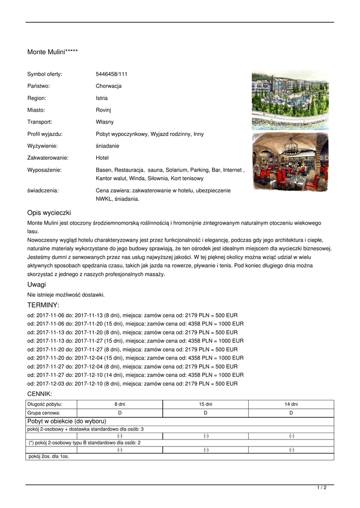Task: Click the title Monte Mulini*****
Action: click(52, 52)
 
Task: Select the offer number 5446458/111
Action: click(111, 74)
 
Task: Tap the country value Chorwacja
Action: click(108, 86)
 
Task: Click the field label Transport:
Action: click(40, 122)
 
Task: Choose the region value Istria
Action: click(101, 98)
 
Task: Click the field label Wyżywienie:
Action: click(42, 146)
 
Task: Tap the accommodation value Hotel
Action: click(102, 158)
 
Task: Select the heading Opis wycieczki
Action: click(49, 212)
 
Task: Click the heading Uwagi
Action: click(36, 284)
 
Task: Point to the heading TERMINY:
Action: click(43, 305)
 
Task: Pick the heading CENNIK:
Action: click(40, 393)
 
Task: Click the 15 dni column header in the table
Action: click(206, 404)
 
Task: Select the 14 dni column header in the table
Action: click(291, 404)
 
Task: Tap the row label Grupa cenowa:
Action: click(44, 413)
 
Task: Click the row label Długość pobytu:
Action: click(45, 404)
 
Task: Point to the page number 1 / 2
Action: click(322, 488)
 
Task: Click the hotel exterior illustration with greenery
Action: click(290, 100)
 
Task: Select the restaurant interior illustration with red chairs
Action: click(290, 162)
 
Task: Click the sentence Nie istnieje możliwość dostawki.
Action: click(66, 295)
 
